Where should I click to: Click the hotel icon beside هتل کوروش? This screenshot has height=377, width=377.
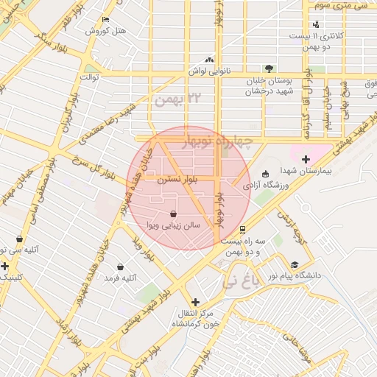(106, 20)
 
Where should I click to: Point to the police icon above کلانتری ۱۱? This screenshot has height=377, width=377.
(317, 24)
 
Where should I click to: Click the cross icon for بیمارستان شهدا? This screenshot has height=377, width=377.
(306, 158)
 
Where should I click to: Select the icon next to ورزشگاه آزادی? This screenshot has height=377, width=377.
(265, 175)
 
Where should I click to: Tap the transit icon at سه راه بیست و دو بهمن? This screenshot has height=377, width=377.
(243, 228)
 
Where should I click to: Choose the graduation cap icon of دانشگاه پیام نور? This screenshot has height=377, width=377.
(295, 265)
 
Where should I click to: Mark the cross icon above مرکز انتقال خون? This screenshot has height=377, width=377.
(194, 302)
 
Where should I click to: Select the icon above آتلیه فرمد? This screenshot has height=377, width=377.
(121, 267)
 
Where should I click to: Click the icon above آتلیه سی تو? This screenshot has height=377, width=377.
(18, 239)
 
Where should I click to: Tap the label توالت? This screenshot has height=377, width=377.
(88, 77)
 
